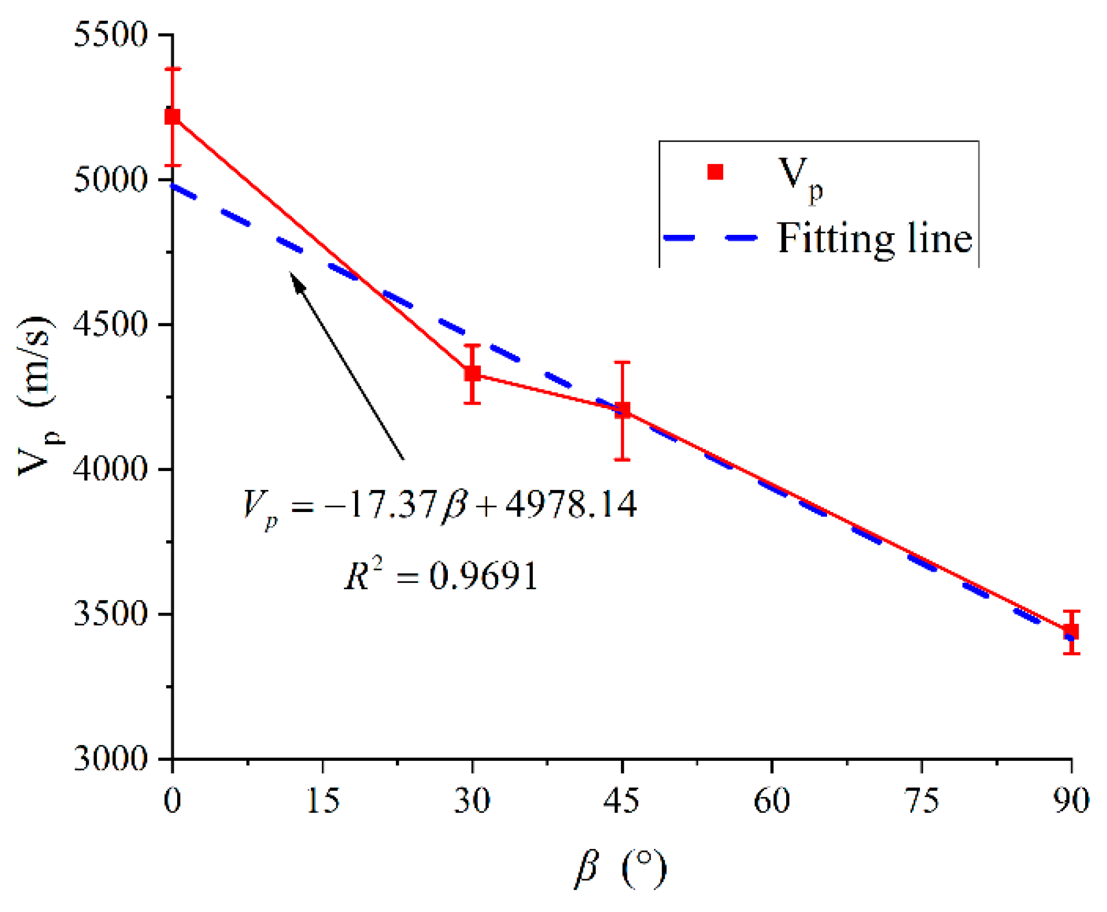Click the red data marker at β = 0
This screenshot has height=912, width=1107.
tap(173, 117)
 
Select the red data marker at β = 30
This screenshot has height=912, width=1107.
tap(472, 373)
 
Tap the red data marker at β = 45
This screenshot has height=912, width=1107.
tap(622, 410)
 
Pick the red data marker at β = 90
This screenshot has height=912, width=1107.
tap(1071, 631)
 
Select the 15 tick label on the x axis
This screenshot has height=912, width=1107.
tap(322, 801)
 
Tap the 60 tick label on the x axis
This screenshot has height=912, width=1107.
tap(772, 801)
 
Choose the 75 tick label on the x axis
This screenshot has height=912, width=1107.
tap(922, 801)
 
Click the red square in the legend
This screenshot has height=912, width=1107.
tap(715, 172)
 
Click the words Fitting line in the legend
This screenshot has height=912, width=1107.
tap(874, 238)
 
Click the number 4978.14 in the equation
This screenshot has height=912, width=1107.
tap(571, 504)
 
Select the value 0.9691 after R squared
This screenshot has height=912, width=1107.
tap(484, 576)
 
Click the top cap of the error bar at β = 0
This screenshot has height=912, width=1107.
tap(173, 69)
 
